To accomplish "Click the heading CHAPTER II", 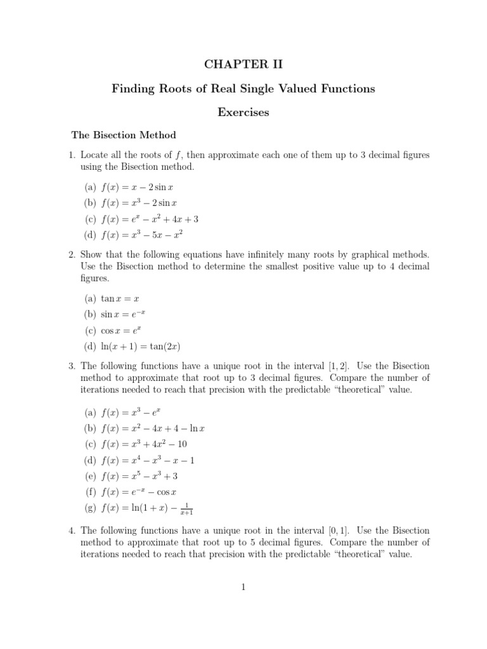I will pyautogui.click(x=243, y=64).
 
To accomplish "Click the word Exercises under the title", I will pyautogui.click(x=243, y=112).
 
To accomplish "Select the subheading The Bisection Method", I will pyautogui.click(x=123, y=135).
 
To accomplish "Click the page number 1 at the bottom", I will pyautogui.click(x=243, y=587).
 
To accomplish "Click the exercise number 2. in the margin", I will pyautogui.click(x=72, y=254).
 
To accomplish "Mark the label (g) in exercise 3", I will pyautogui.click(x=90, y=508).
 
